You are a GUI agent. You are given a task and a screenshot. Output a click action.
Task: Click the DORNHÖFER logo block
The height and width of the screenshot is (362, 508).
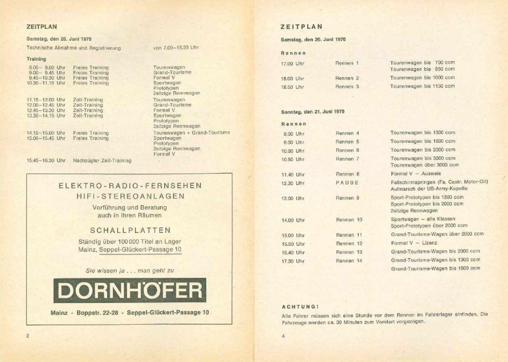point(130,290)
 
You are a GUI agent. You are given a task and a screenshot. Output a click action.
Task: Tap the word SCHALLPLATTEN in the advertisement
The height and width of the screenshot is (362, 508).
point(130,231)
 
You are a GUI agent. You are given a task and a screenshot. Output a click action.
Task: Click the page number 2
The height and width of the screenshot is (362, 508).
point(28,336)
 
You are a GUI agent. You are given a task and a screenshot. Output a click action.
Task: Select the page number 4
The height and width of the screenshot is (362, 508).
point(283,336)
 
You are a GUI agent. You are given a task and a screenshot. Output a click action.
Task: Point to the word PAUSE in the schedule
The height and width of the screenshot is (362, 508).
point(347,183)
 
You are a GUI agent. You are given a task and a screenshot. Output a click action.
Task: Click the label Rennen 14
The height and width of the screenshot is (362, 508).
point(349,261)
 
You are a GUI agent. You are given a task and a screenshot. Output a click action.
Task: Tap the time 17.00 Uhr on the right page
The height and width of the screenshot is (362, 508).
point(292,64)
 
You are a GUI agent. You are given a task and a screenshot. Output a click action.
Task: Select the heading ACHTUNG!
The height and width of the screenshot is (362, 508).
point(300,307)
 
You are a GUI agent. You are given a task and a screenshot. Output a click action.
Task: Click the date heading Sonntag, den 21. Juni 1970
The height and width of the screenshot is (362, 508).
point(313,112)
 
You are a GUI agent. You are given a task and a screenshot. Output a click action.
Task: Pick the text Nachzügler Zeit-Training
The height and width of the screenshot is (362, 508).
point(102,161)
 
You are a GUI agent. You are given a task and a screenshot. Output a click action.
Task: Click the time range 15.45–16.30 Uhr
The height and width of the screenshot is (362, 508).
point(46,161)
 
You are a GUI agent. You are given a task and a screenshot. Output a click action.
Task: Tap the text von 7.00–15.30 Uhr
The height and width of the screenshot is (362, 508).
point(176,47)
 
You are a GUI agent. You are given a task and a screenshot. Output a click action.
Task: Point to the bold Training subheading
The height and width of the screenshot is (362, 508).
point(36,59)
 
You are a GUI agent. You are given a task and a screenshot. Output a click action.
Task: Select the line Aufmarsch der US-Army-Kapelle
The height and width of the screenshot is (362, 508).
point(429,189)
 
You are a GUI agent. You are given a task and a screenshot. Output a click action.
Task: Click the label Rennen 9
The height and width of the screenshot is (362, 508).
point(347,198)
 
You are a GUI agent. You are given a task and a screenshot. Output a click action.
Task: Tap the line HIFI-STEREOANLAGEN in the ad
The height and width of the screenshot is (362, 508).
point(130,197)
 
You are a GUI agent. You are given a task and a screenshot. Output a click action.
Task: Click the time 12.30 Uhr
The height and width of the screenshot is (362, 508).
point(293,184)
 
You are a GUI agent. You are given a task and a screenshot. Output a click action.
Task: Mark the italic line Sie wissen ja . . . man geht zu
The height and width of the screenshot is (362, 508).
point(130,271)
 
